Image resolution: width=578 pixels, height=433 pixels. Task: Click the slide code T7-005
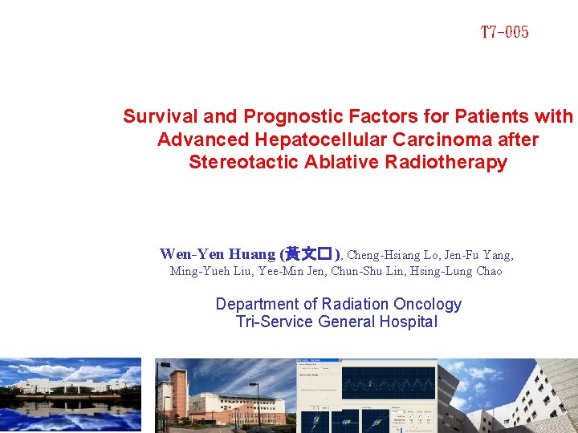[x=504, y=33]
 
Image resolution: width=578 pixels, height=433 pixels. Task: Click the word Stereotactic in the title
[x=244, y=162]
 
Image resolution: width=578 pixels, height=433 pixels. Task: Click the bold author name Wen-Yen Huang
[x=218, y=254]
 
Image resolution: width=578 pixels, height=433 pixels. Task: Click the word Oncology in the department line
[x=428, y=304]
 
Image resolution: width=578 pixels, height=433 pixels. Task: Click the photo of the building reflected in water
[x=71, y=395]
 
